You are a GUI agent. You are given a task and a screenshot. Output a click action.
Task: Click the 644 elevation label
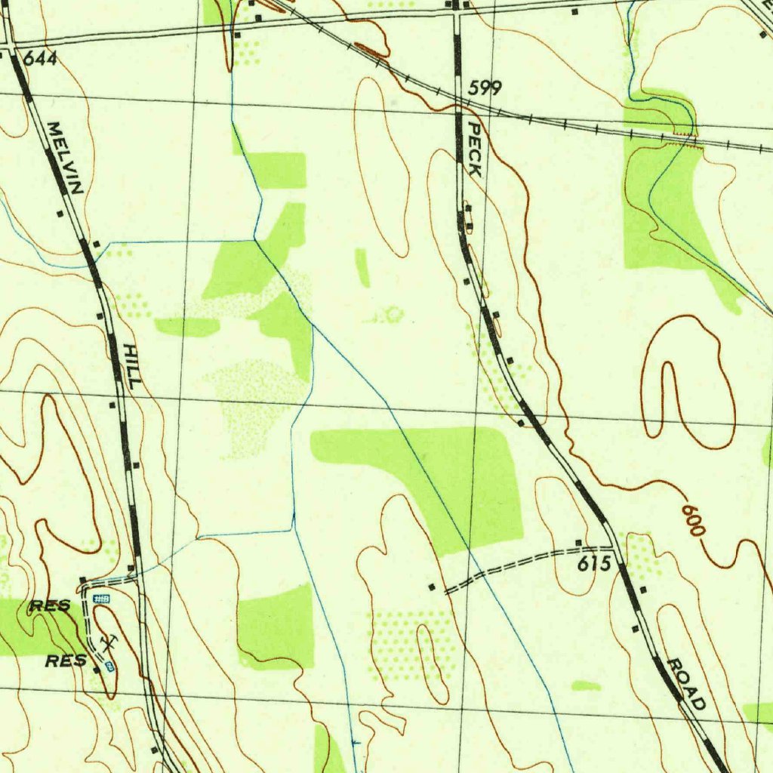click(40, 58)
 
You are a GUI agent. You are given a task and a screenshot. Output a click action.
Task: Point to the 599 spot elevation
click(484, 88)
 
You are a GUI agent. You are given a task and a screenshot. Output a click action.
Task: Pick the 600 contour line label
click(693, 520)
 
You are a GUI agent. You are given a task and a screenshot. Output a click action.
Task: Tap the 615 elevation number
click(595, 564)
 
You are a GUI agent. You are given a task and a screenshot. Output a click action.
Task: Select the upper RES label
click(50, 605)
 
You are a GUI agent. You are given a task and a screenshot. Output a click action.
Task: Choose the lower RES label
click(66, 661)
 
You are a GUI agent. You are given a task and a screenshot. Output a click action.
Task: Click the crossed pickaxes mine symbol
click(109, 642)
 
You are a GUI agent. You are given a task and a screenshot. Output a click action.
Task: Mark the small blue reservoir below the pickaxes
click(109, 666)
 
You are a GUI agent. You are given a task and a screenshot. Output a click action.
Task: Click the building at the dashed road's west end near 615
click(432, 587)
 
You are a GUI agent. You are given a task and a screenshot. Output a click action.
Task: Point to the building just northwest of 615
click(579, 543)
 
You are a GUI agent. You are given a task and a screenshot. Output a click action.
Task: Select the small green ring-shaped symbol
click(393, 314)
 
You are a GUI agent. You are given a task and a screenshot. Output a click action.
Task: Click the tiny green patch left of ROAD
click(586, 685)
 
